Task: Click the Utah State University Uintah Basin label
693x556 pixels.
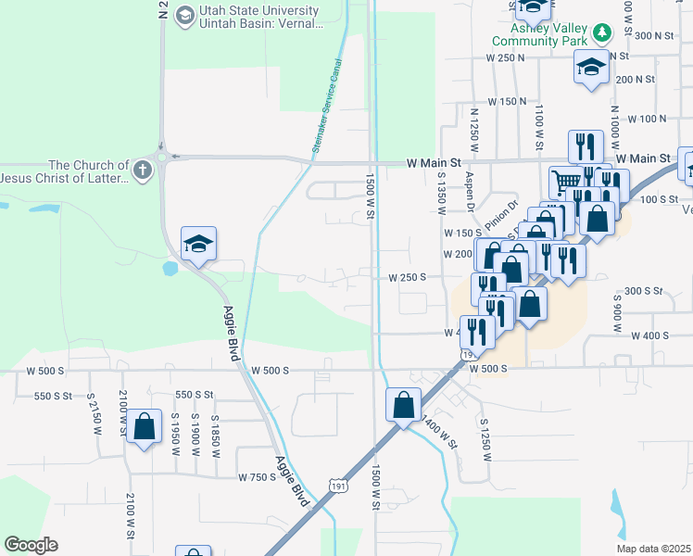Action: click(x=258, y=17)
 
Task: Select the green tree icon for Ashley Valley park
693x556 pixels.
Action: click(x=603, y=33)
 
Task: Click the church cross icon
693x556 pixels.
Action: click(x=141, y=170)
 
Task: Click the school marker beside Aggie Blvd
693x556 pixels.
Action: click(x=198, y=246)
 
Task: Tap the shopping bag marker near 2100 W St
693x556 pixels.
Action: click(x=145, y=427)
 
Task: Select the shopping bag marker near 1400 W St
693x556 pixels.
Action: click(x=404, y=405)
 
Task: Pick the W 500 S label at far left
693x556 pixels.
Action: click(x=45, y=371)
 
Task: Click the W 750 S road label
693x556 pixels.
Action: click(x=256, y=477)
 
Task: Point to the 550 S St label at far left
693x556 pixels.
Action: click(x=53, y=396)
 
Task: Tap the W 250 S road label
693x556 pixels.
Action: click(x=407, y=277)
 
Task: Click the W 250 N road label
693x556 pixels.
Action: click(x=505, y=57)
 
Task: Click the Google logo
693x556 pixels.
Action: click(x=31, y=545)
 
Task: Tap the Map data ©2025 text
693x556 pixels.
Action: click(x=653, y=549)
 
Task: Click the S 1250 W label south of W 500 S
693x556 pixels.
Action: click(x=485, y=440)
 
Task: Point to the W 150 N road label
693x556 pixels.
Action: click(x=507, y=101)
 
